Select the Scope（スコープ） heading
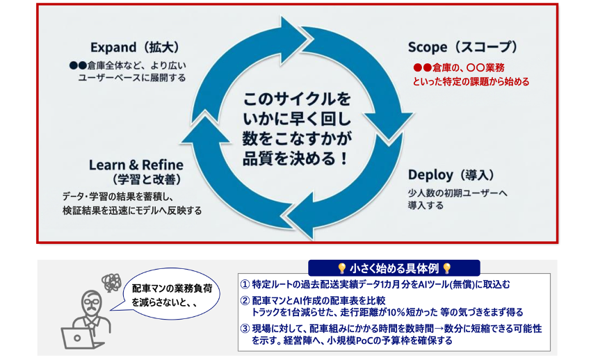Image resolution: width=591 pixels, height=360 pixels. (x=463, y=47)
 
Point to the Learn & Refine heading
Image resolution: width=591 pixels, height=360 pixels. (x=136, y=165)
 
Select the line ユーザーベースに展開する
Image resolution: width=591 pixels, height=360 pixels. (x=132, y=78)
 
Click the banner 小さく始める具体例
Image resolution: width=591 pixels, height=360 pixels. (x=394, y=268)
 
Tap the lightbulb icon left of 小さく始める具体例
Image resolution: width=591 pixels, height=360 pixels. (x=341, y=268)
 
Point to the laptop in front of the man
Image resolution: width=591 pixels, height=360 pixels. (x=74, y=336)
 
